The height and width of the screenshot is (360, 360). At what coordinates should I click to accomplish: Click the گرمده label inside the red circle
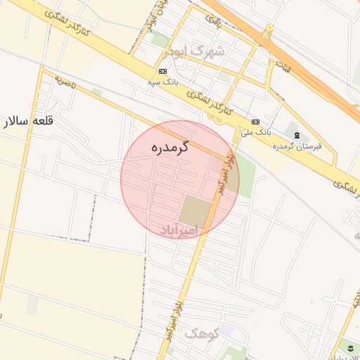click(171, 148)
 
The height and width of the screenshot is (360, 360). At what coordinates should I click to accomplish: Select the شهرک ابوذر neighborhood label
click(195, 51)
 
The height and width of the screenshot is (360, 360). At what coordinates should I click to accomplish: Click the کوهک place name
click(202, 334)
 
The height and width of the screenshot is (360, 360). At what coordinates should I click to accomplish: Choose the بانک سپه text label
click(162, 82)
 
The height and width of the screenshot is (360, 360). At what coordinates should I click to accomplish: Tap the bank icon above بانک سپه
click(163, 71)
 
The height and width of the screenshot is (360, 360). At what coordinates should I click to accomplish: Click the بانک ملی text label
click(255, 131)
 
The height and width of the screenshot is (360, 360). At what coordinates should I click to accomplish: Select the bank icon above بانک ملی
click(255, 122)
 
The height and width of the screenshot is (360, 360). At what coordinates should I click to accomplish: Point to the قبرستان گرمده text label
click(297, 146)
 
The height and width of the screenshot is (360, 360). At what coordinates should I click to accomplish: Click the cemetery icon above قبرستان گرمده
click(296, 134)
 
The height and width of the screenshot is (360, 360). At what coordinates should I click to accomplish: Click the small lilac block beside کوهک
click(226, 330)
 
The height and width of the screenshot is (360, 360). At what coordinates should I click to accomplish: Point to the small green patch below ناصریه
click(96, 92)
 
